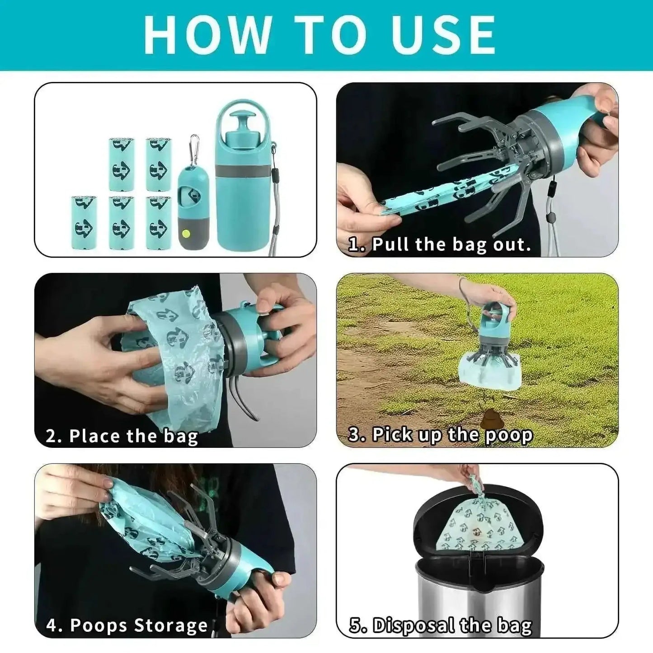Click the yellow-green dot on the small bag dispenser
[185, 234]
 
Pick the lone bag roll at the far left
[84, 222]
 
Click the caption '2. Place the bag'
[122, 436]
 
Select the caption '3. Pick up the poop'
[441, 435]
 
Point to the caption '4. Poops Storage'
[127, 625]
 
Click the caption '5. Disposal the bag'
[441, 626]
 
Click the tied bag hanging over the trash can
[479, 524]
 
